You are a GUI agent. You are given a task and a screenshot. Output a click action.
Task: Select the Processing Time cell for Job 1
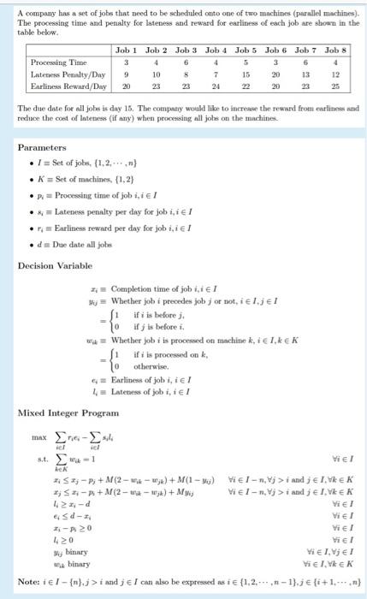click(127, 62)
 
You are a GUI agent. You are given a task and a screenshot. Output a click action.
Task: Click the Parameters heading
click(42, 146)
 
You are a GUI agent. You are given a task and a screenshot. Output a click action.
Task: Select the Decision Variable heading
click(54, 265)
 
